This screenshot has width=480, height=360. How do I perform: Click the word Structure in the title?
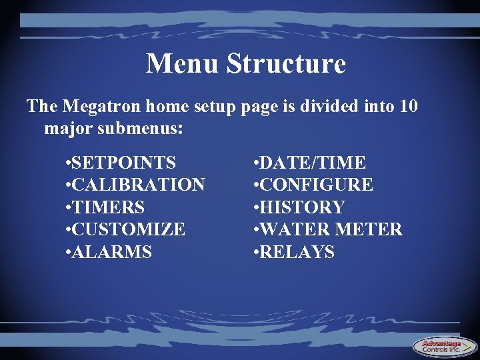tap(286, 63)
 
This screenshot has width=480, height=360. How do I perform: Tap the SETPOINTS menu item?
tap(124, 163)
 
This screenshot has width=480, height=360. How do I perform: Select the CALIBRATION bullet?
tap(138, 185)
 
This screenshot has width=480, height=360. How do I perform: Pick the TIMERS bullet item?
tap(108, 207)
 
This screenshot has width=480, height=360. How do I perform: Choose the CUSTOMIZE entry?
tap(128, 230)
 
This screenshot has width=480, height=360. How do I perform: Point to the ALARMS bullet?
tap(111, 252)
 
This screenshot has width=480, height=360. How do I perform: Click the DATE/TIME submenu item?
tap(312, 163)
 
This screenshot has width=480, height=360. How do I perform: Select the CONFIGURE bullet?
tap(315, 185)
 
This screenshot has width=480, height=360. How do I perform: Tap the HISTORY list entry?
tap(301, 207)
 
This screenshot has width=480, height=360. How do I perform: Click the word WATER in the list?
tap(291, 230)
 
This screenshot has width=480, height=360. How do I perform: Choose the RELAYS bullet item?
tap(297, 252)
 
